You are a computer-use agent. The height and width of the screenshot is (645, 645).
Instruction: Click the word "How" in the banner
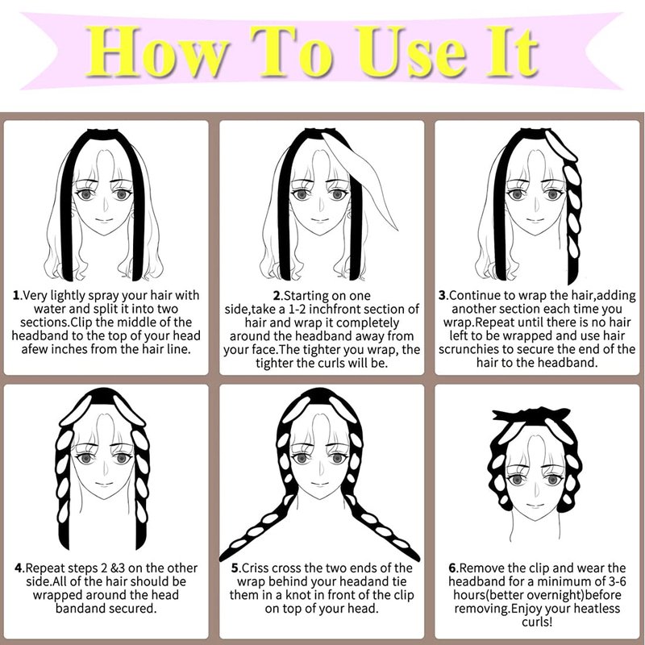(x=156, y=52)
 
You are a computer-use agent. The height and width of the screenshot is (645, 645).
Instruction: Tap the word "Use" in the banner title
(x=411, y=52)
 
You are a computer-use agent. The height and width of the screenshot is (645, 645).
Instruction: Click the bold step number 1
(x=16, y=295)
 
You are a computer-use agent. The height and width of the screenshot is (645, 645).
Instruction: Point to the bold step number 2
(x=277, y=296)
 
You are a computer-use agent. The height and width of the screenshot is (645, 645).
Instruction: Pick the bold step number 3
(x=442, y=295)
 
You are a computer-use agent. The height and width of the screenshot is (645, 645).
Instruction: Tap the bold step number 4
(x=19, y=568)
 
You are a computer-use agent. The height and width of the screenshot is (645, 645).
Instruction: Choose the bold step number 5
(x=235, y=568)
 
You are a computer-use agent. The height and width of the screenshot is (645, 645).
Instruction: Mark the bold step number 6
(x=452, y=568)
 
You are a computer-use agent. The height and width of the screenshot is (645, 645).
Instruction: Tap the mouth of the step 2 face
(x=320, y=220)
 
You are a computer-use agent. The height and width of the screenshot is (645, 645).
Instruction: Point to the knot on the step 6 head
(x=531, y=416)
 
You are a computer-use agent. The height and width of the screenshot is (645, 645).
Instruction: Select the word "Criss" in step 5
(x=255, y=568)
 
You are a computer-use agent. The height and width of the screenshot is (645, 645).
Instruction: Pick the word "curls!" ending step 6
(x=537, y=622)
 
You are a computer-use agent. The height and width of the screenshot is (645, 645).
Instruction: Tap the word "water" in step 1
(x=48, y=309)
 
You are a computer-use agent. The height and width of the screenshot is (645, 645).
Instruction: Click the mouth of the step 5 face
(x=320, y=485)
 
